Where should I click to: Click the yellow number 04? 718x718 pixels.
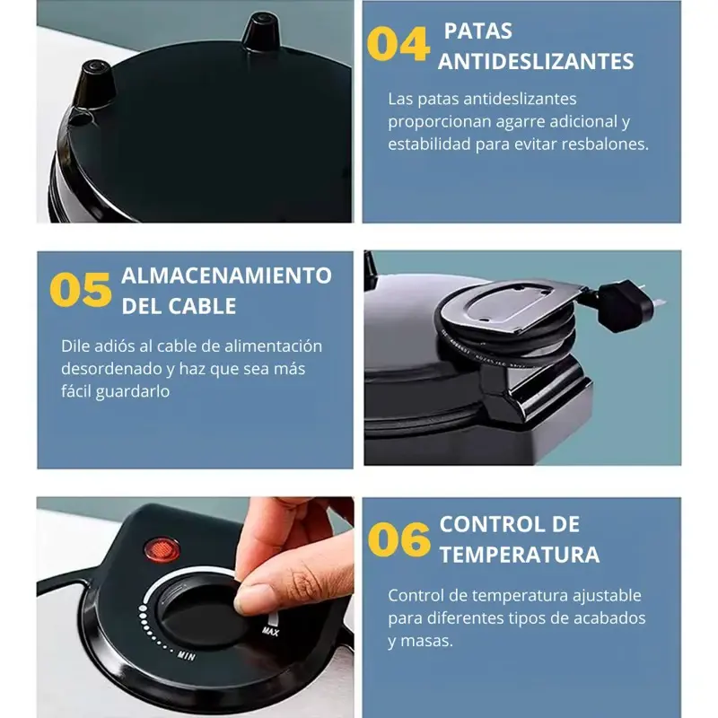(x=398, y=44)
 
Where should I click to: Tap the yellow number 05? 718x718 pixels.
(x=81, y=290)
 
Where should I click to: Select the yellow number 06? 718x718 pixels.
(x=398, y=539)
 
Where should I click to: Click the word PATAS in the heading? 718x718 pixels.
(x=478, y=31)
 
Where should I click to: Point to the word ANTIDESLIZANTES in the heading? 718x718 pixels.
(x=536, y=62)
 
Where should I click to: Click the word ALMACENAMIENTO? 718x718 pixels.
(x=227, y=276)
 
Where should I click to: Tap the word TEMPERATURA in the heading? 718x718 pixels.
(x=520, y=555)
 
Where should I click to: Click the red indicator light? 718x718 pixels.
(x=162, y=550)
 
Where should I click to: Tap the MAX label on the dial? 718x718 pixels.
(x=270, y=632)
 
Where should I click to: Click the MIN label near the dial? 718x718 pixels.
(x=187, y=655)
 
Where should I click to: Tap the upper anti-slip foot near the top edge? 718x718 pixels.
(x=261, y=31)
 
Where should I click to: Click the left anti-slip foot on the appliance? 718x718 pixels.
(x=94, y=84)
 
